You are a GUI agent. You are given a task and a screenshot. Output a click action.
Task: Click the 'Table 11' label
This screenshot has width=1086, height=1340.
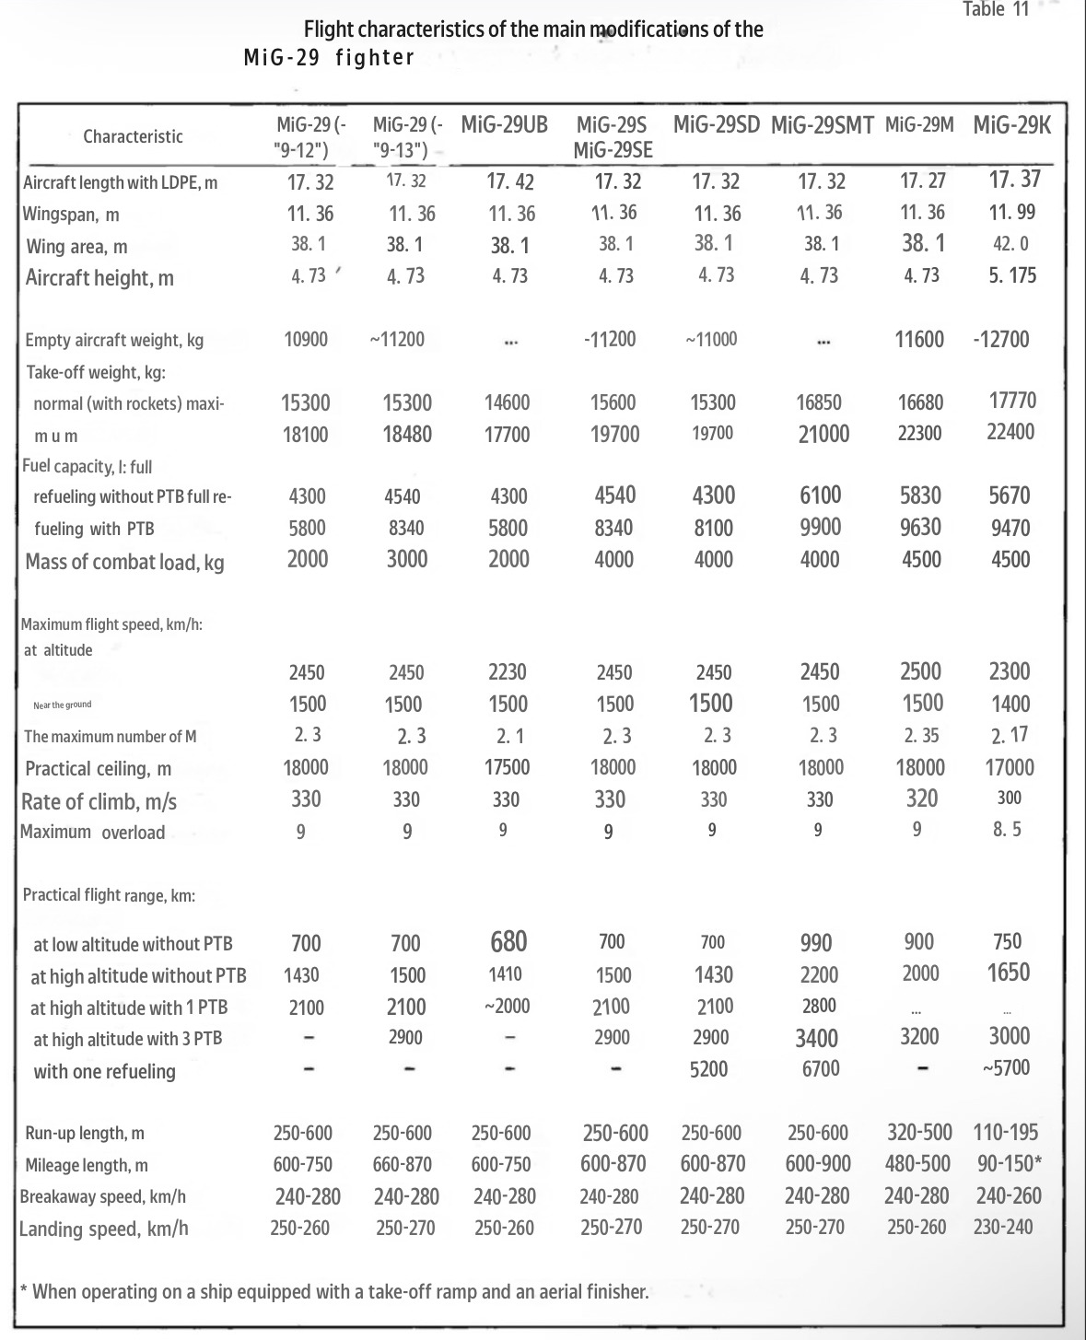pyautogui.click(x=996, y=10)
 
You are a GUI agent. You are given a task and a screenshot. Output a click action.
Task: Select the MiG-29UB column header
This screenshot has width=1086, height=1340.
pyautogui.click(x=504, y=125)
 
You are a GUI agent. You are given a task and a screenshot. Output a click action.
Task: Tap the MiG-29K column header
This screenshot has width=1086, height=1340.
pyautogui.click(x=1011, y=125)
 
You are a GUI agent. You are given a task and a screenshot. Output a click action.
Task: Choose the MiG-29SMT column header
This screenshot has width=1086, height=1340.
pyautogui.click(x=822, y=126)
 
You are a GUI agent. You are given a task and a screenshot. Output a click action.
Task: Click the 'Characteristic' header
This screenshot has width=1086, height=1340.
pyautogui.click(x=133, y=136)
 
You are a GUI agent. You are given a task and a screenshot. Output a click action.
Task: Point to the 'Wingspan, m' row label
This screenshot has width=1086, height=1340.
pyautogui.click(x=71, y=215)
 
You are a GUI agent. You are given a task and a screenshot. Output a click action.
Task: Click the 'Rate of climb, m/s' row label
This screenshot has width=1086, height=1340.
pyautogui.click(x=99, y=801)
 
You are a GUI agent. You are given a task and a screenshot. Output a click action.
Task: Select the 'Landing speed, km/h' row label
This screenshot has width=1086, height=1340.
pyautogui.click(x=103, y=1229)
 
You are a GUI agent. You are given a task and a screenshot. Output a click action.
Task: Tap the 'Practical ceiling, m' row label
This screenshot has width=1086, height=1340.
pyautogui.click(x=98, y=768)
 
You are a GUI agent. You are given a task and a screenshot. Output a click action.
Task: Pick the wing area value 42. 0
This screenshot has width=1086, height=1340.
pyautogui.click(x=1010, y=244)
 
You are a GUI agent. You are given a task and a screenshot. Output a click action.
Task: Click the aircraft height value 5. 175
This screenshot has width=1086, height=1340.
pyautogui.click(x=1012, y=275)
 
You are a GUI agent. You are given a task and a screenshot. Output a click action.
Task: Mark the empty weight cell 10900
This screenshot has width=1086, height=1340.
pyautogui.click(x=306, y=339)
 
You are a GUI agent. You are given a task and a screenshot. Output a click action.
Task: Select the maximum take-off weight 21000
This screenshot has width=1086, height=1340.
pyautogui.click(x=823, y=434)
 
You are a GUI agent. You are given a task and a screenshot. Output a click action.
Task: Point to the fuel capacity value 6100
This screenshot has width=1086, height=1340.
pyautogui.click(x=820, y=495)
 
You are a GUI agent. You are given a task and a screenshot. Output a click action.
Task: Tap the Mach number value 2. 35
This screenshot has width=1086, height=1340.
pyautogui.click(x=921, y=735)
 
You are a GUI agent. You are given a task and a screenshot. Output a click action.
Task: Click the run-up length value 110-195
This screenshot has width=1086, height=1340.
pyautogui.click(x=1009, y=1132)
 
